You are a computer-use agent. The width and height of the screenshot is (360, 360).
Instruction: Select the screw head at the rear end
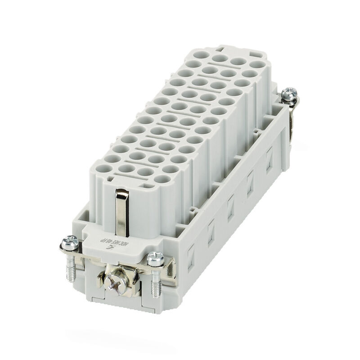point(288,94)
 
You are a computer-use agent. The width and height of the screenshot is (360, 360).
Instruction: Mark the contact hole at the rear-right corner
point(257,64)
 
